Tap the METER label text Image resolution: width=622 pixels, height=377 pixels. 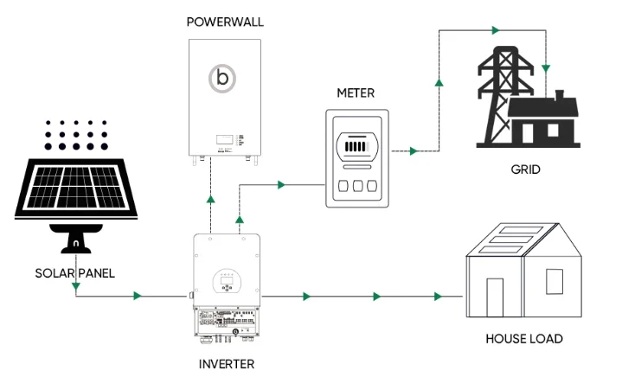(355, 93)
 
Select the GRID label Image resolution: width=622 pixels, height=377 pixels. (525, 169)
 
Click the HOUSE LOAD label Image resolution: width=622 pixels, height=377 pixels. (524, 338)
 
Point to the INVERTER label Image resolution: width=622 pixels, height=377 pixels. (227, 364)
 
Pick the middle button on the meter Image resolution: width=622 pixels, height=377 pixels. (357, 185)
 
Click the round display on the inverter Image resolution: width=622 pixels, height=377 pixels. (226, 280)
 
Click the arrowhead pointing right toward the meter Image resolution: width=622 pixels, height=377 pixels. (280, 184)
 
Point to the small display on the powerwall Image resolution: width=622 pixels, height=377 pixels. (223, 138)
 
